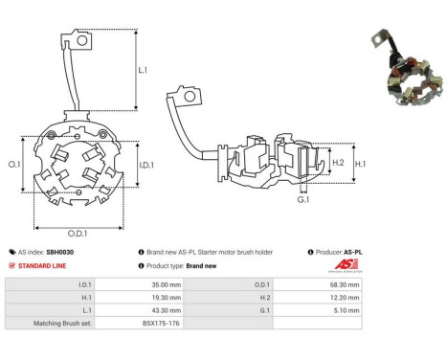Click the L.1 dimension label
pos(143,70)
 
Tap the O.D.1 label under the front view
pos(78,234)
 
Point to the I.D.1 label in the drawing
pos(146,165)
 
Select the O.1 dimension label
pos(14,165)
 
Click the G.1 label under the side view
pos(303,200)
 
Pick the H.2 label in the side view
pos(338,163)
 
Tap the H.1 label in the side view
pos(360,164)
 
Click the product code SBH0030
pos(60,252)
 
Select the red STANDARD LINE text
pos(42,266)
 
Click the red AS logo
pos(346,264)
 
